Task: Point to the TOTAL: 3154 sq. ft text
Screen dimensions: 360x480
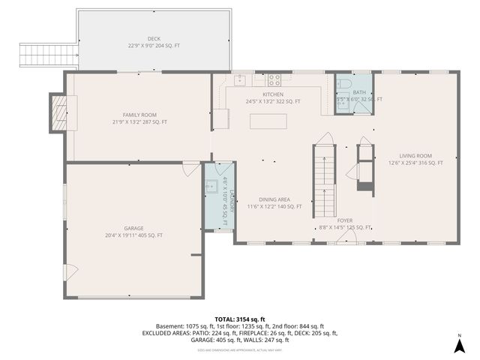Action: tap(240, 319)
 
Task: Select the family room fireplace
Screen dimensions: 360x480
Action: tap(58, 111)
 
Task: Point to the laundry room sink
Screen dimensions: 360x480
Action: tap(212, 186)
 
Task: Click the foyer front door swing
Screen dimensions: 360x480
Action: tap(346, 238)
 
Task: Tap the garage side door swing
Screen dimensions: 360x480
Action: tap(69, 272)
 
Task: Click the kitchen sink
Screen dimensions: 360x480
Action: tap(240, 79)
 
